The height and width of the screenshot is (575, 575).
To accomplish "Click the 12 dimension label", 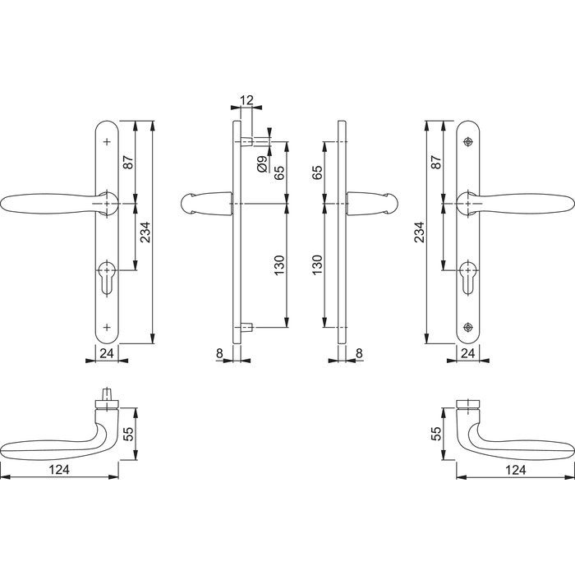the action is pos(246,99).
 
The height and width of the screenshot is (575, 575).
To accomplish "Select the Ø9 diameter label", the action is pos(262,164).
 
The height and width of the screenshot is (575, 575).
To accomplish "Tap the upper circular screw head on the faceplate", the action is pos(467,142).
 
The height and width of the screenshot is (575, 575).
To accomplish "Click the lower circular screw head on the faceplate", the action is pos(467,327).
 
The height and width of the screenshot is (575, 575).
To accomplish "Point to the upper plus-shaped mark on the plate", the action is pos(107,142).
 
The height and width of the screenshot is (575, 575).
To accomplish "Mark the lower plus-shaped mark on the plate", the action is pos(107,327).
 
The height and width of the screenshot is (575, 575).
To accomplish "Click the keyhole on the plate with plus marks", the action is pos(107,278).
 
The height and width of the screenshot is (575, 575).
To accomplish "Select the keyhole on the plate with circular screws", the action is pos(468,278).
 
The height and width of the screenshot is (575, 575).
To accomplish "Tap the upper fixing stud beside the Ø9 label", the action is pos(246,141).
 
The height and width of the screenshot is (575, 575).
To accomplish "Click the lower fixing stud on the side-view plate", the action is pos(246,327).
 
